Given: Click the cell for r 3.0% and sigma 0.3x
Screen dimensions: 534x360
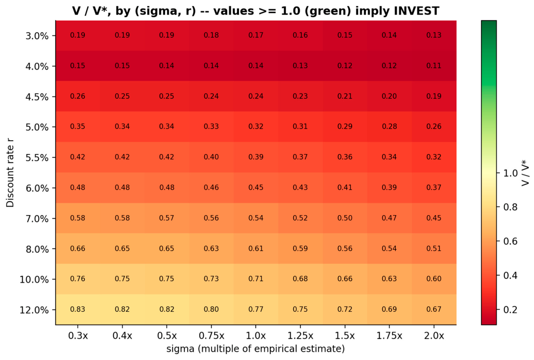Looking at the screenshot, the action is click(x=78, y=36).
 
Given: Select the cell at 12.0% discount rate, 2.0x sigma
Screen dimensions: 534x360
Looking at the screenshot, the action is click(x=434, y=309).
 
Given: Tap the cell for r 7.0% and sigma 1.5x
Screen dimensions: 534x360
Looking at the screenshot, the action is click(x=345, y=218).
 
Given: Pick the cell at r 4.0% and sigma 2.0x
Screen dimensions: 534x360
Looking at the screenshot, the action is click(x=434, y=66).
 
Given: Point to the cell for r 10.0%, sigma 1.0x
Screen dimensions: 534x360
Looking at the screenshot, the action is click(x=256, y=279).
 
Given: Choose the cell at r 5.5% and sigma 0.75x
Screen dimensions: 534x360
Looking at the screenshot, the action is click(x=211, y=157).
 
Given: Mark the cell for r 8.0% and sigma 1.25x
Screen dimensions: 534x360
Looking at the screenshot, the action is click(x=301, y=248).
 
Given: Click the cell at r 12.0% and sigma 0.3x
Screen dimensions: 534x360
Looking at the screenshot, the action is click(x=78, y=309).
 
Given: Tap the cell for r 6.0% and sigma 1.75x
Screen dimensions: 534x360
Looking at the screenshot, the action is click(x=389, y=187).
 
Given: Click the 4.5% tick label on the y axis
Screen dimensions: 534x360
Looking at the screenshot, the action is click(x=37, y=97).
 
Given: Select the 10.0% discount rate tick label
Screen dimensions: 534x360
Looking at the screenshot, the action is click(x=34, y=280).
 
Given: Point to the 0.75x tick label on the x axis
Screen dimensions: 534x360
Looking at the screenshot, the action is click(x=211, y=336).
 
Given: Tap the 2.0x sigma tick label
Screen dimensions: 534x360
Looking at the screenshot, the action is click(x=434, y=336).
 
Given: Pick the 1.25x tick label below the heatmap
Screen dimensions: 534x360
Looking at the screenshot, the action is click(x=301, y=336).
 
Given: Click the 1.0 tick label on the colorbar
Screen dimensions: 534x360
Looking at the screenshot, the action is click(x=510, y=173).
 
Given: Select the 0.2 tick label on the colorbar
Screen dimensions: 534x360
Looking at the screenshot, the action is click(x=510, y=309).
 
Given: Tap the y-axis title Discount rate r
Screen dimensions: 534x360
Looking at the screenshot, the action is click(x=10, y=176).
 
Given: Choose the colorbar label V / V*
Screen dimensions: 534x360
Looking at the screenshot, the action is click(x=525, y=173).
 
